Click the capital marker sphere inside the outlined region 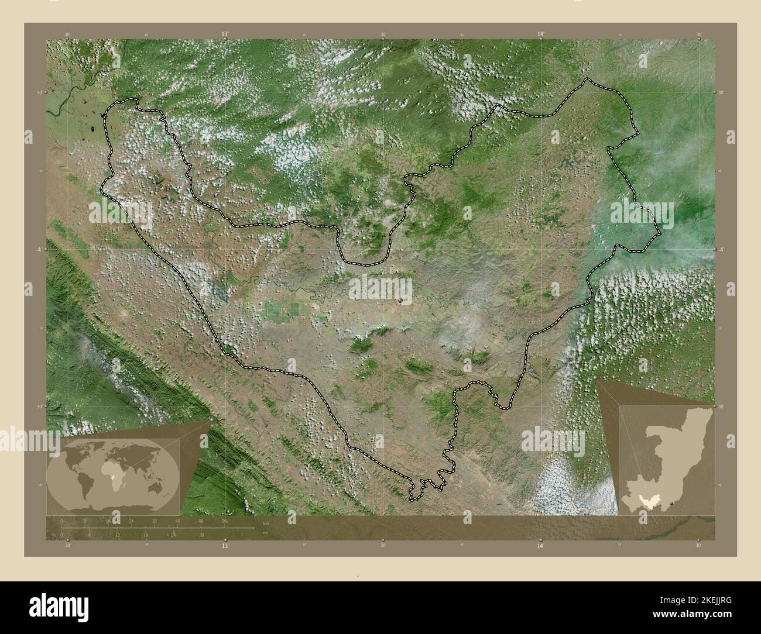pos(401,300)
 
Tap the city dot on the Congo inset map pos(673,502)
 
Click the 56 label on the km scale pos(224,521)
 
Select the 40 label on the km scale pos(177,521)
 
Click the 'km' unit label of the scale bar pos(266,523)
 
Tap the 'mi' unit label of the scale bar pos(265,533)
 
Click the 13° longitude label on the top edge pos(224,35)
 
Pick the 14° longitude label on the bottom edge pos(541,546)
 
